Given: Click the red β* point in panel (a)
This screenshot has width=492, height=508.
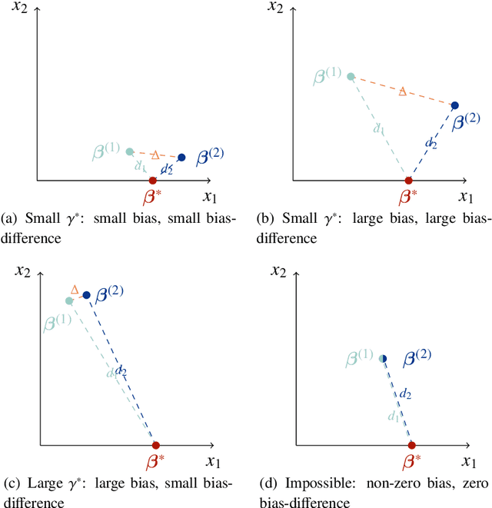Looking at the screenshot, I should (x=152, y=181).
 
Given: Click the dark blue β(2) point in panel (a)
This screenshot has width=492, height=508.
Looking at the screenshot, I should (x=181, y=158).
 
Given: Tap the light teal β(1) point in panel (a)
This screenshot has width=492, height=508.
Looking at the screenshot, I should (x=129, y=151).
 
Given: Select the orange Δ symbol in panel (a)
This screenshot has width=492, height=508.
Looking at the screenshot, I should (x=155, y=154).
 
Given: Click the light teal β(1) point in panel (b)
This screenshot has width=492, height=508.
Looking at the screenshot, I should (x=351, y=76).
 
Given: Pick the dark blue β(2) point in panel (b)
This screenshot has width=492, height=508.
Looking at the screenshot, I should (x=454, y=105).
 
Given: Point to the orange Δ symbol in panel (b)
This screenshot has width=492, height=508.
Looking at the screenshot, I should (x=402, y=91).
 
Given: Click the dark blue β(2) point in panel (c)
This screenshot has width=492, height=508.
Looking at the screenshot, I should (x=86, y=295).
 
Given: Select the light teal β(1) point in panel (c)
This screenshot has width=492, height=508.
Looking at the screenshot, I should (x=69, y=301).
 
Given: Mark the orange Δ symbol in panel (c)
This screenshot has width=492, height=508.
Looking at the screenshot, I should (x=75, y=290).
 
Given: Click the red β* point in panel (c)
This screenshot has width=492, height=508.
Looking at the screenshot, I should (x=155, y=445).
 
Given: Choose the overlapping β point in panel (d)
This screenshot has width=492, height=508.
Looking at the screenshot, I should (x=383, y=358).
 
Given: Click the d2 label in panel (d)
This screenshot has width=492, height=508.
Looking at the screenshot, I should (x=406, y=393).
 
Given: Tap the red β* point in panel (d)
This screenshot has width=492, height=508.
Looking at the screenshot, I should (x=411, y=445).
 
